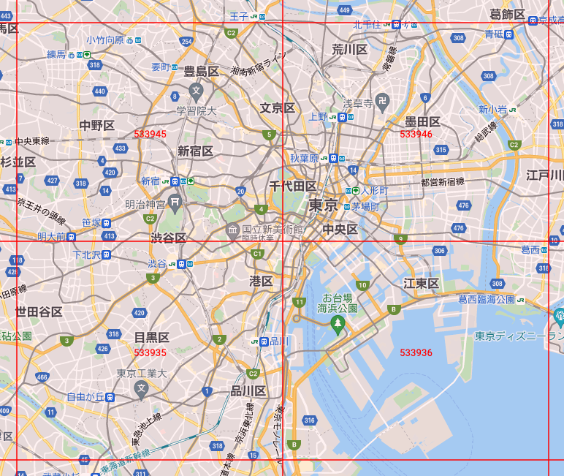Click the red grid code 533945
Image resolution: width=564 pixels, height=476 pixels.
click(x=150, y=134)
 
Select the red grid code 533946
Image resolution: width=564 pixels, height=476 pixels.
click(x=416, y=134)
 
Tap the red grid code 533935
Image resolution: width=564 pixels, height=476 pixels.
click(x=150, y=352)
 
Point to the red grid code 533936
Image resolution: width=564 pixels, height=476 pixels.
click(x=416, y=352)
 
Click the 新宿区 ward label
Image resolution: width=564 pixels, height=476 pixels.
click(x=195, y=151)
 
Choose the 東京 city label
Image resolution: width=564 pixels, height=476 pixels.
click(x=322, y=205)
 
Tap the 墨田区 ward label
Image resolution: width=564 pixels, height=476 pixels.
click(x=423, y=121)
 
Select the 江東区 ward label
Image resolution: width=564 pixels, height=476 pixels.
click(x=421, y=283)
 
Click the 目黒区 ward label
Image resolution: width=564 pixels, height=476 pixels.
click(x=151, y=337)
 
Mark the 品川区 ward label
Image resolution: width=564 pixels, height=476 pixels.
click(x=248, y=390)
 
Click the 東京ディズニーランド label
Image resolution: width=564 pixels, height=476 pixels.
click(x=519, y=336)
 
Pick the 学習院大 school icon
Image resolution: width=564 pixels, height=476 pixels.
click(x=196, y=91)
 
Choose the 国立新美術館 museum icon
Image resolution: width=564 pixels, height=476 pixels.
click(x=233, y=231)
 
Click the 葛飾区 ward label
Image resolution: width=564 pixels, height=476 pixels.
click(x=507, y=14)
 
